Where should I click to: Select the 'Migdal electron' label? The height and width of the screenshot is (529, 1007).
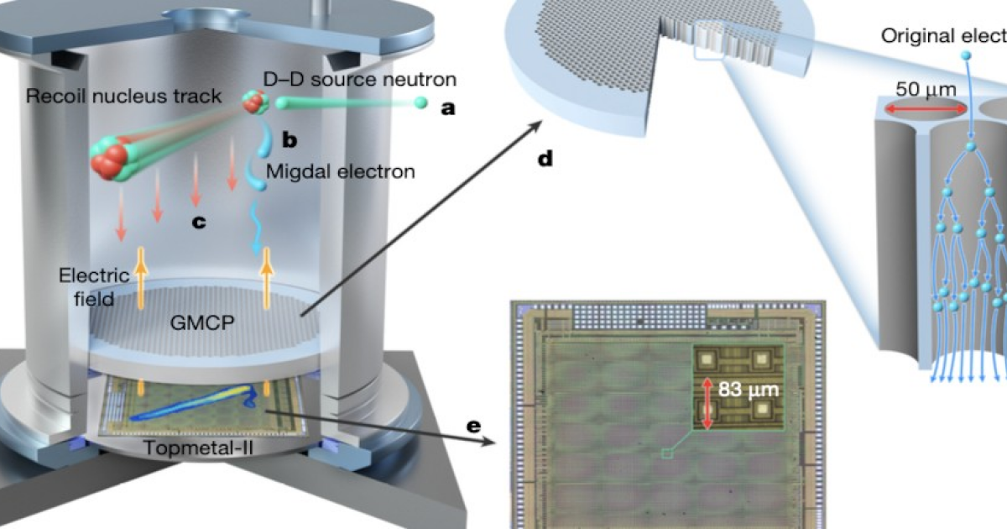pos(340,171)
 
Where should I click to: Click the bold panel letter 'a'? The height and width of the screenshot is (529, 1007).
pos(448,107)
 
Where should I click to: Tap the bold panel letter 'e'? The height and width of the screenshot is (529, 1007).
pos(475,426)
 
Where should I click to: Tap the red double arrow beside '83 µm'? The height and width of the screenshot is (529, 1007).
pos(707,404)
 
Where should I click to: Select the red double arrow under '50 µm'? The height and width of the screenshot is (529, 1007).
pos(920,109)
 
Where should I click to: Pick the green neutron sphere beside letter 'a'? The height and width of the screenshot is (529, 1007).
pos(419,103)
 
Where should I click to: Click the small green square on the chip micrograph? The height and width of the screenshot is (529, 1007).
pos(667,454)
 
